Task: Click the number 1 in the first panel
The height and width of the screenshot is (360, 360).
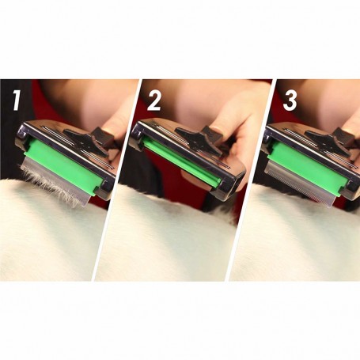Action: [x=17, y=100]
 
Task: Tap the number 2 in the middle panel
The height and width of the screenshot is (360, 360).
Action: [x=153, y=100]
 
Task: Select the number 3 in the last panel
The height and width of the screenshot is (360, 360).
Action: [x=290, y=100]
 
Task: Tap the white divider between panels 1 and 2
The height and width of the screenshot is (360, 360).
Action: [x=116, y=180]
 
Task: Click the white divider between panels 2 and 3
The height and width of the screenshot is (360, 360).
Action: [x=251, y=180]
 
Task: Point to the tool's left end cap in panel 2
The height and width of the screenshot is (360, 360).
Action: [x=135, y=133]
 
